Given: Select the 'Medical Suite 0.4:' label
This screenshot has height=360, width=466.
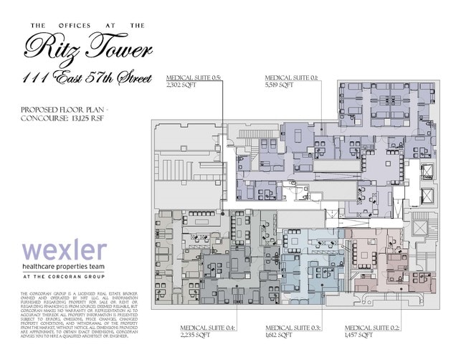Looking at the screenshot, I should (207, 327).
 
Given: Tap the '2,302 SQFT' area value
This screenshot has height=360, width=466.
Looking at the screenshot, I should (182, 85).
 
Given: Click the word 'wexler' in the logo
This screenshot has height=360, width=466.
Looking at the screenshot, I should (64, 252).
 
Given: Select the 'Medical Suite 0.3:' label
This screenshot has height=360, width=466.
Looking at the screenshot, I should (294, 327).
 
